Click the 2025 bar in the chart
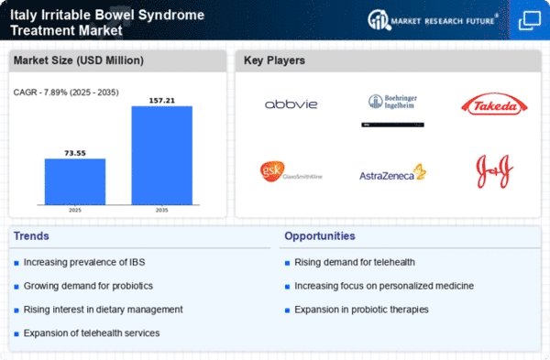pyautogui.click(x=75, y=181)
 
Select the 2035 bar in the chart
pyautogui.click(x=161, y=156)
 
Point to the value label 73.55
pyautogui.click(x=75, y=153)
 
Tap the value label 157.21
pyautogui.click(x=161, y=101)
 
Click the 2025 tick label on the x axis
pyautogui.click(x=75, y=210)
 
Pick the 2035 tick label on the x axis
pyautogui.click(x=161, y=210)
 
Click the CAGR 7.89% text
pyautogui.click(x=66, y=93)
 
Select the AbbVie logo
pyautogui.click(x=291, y=104)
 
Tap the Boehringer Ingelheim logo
pyautogui.click(x=393, y=102)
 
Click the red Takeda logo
pyautogui.click(x=494, y=104)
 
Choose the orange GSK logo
pyautogui.click(x=291, y=171)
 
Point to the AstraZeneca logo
pyautogui.click(x=393, y=172)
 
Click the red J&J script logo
pyautogui.click(x=494, y=171)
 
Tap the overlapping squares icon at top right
pyautogui.click(x=530, y=20)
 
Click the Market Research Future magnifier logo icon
pyautogui.click(x=379, y=19)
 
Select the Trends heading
pyautogui.click(x=31, y=236)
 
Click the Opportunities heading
pyautogui.click(x=320, y=236)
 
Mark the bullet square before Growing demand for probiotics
pyautogui.click(x=16, y=287)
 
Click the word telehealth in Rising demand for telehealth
pyautogui.click(x=394, y=262)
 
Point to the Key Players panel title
pyautogui.click(x=274, y=60)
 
